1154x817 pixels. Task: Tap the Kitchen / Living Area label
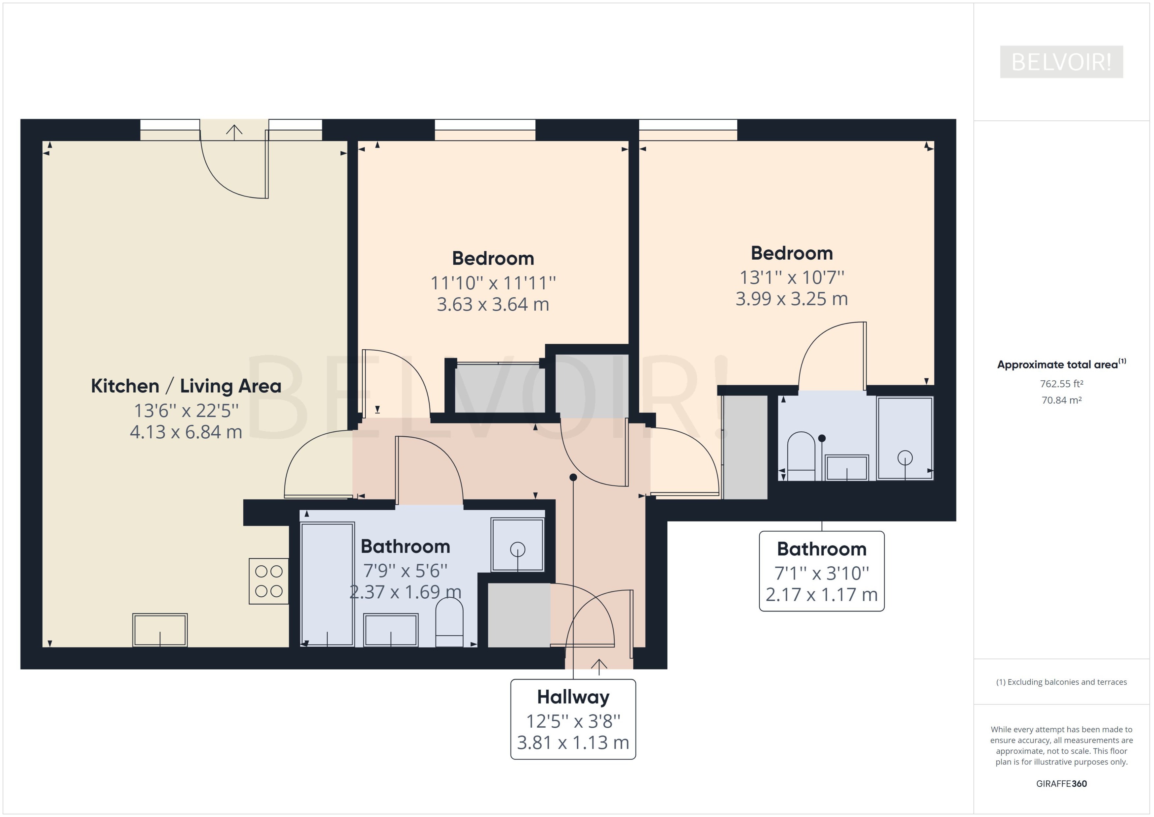pyautogui.click(x=186, y=386)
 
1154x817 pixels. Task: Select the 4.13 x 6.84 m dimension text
pyautogui.click(x=186, y=432)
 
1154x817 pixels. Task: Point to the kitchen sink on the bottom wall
pyautogui.click(x=160, y=630)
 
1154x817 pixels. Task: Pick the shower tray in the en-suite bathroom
pyautogui.click(x=905, y=438)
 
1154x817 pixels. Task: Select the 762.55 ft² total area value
pyautogui.click(x=1061, y=384)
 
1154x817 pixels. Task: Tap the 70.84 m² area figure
pyautogui.click(x=1061, y=400)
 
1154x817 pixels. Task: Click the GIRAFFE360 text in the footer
pyautogui.click(x=1061, y=784)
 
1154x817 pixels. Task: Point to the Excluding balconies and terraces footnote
pyautogui.click(x=1061, y=682)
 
